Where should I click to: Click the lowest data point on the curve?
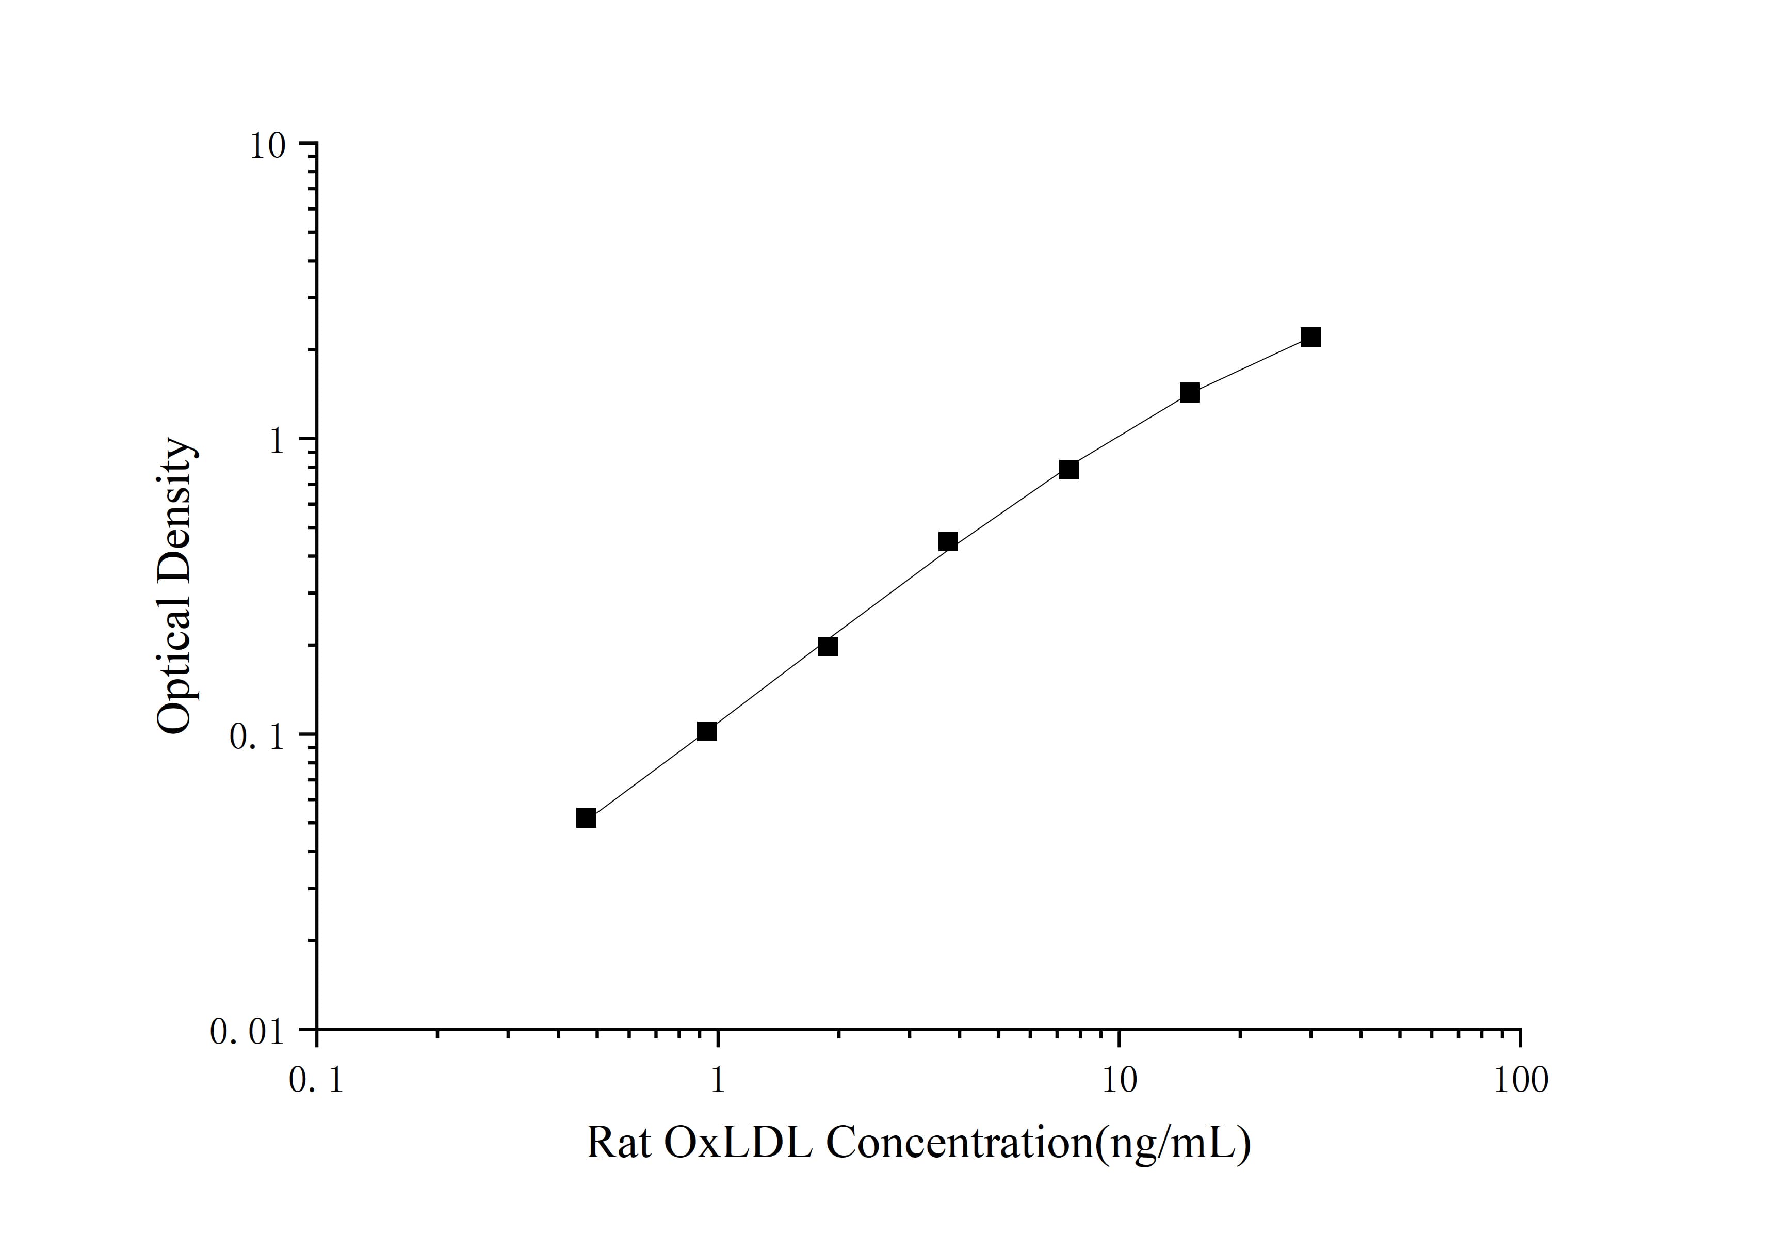coord(586,818)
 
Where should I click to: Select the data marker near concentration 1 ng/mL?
coord(707,731)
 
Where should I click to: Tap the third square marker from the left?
coord(828,646)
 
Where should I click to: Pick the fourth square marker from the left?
coord(948,541)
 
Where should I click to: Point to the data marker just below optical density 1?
coord(1068,469)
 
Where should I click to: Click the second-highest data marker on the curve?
coord(1189,392)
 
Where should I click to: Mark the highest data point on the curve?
coord(1310,337)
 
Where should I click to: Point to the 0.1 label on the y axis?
coord(257,737)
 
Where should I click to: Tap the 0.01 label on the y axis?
coord(248,1032)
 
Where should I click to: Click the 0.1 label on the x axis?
coord(316,1081)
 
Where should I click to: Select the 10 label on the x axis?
coord(1119,1081)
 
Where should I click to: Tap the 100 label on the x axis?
coord(1520,1081)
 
